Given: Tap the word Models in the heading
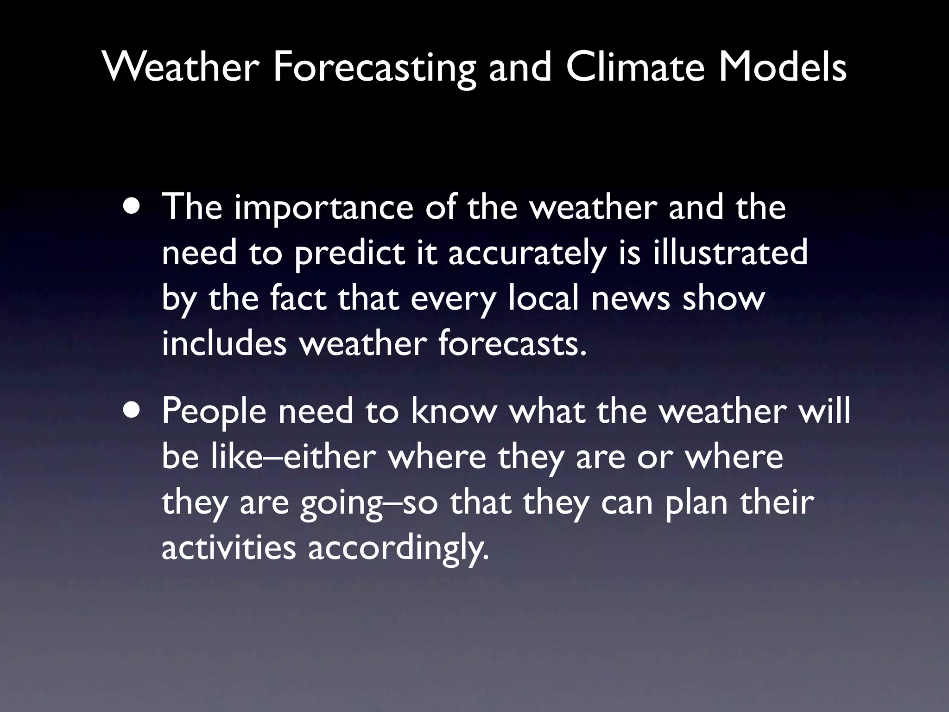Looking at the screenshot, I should tap(782, 68).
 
